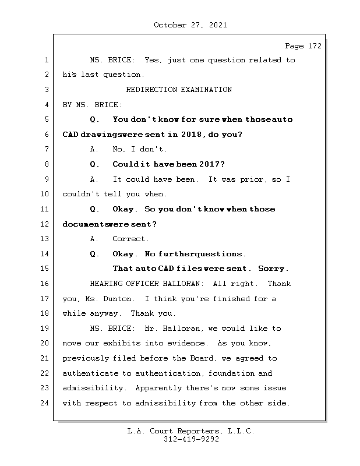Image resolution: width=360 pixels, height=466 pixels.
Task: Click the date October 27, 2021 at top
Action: tap(190, 25)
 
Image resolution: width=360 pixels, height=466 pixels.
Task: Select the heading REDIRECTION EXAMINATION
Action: tap(179, 90)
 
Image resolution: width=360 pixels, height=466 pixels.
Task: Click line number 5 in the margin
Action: tap(46, 119)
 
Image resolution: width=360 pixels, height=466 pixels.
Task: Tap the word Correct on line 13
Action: tap(130, 239)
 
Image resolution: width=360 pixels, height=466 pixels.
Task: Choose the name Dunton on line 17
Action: tap(119, 299)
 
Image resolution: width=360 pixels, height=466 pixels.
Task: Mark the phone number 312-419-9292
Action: tap(190, 440)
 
